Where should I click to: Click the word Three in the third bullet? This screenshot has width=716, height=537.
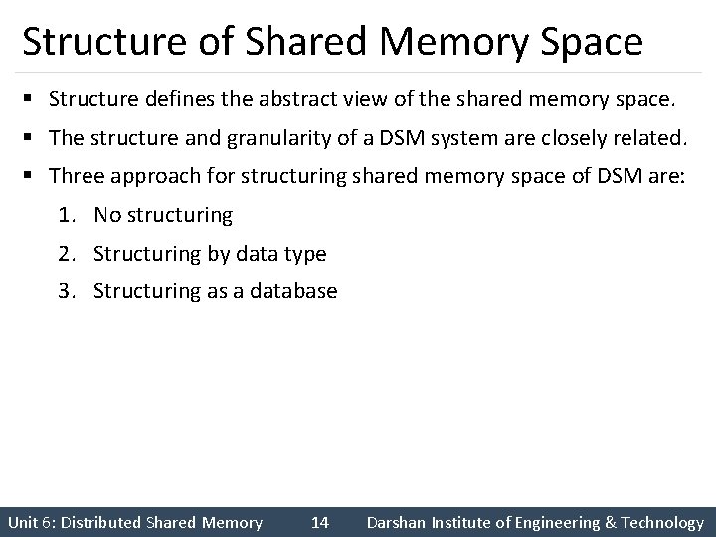76,176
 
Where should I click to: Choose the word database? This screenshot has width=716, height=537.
295,292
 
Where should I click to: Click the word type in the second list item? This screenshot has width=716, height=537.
304,254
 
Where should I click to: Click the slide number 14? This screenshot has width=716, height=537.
320,522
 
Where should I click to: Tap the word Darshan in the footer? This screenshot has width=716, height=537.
396,522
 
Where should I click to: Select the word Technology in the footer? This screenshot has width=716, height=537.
660,522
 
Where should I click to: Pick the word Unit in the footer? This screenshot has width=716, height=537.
23,522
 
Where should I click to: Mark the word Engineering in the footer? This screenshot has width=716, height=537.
550,522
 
